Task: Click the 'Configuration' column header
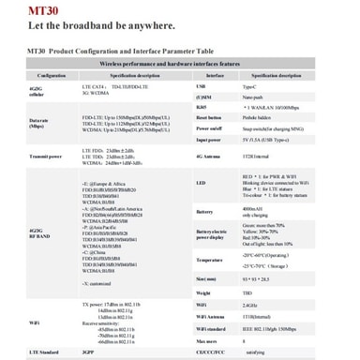pyautogui.click(x=52, y=74)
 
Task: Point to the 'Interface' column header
pyautogui.click(x=214, y=74)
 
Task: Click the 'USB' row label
pyautogui.click(x=202, y=85)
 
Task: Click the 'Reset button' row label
pyautogui.click(x=210, y=117)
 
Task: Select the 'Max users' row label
pyautogui.click(x=208, y=341)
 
